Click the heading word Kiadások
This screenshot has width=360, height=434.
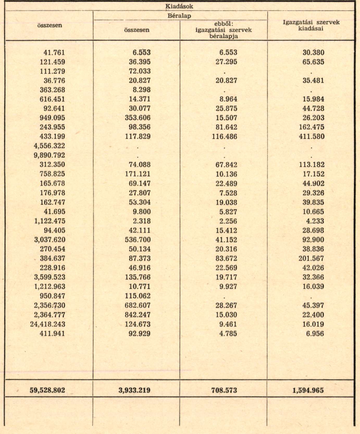(x=179, y=6)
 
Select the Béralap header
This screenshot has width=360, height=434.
(x=179, y=16)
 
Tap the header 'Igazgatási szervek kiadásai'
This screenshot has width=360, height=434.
(x=311, y=25)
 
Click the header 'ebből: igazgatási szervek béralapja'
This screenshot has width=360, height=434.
(x=224, y=30)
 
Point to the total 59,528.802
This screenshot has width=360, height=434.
(x=47, y=390)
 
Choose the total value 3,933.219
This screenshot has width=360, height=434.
(x=134, y=390)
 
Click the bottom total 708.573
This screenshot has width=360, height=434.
(x=224, y=390)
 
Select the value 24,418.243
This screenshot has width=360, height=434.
(x=47, y=324)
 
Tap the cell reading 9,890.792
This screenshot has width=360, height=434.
(x=49, y=155)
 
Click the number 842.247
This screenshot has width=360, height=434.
(x=138, y=315)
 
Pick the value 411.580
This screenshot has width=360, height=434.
(x=312, y=136)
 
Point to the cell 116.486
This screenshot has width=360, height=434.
(x=224, y=136)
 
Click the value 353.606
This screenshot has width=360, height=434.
(x=138, y=118)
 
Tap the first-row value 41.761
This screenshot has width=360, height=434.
(x=54, y=53)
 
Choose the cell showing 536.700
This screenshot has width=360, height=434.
(x=138, y=240)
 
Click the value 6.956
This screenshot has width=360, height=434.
(x=315, y=334)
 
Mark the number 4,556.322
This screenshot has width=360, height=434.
(x=49, y=146)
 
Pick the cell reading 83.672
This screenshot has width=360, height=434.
(x=226, y=258)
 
